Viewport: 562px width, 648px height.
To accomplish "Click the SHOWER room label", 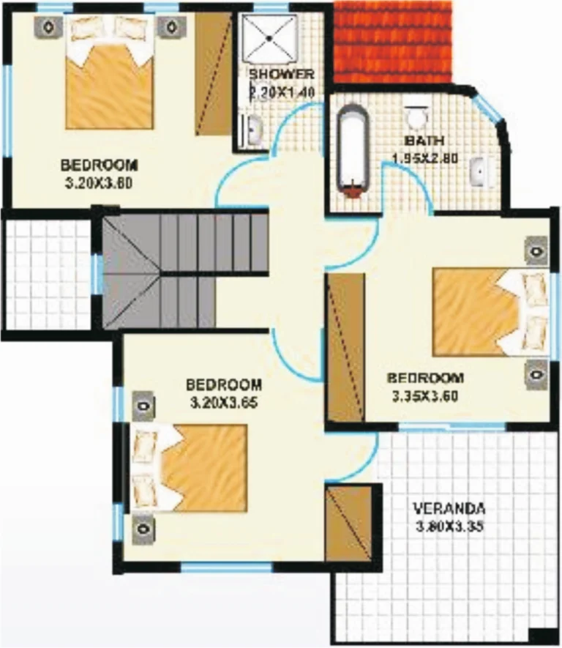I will tap(281, 75).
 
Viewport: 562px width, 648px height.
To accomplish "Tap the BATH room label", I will tap(419, 141).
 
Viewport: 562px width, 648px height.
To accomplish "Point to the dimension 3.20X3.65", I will tap(224, 402).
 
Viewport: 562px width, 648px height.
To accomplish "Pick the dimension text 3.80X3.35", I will tap(449, 526).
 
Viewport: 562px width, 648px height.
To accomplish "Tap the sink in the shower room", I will tap(253, 130).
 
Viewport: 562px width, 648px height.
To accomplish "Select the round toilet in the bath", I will tap(417, 116).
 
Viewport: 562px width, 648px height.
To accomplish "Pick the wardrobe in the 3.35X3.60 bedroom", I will tap(345, 347).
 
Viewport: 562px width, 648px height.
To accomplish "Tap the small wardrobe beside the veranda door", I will tap(348, 523).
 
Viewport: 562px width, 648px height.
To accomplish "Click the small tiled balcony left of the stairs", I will tap(47, 274).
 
